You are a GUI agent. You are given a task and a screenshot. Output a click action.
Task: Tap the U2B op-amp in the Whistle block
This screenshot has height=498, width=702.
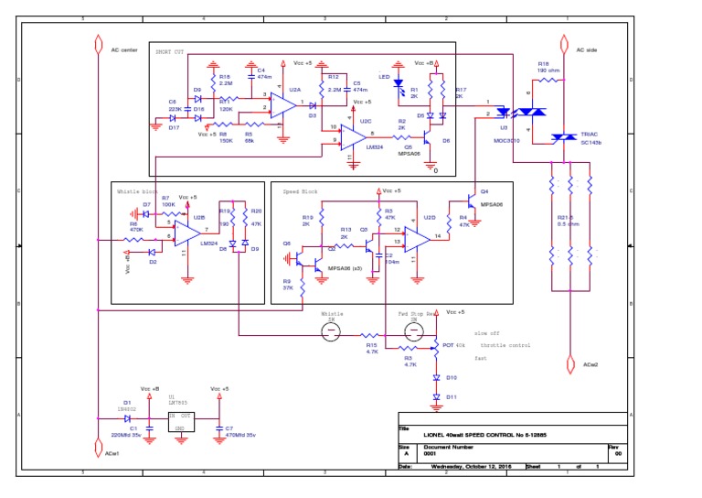187,233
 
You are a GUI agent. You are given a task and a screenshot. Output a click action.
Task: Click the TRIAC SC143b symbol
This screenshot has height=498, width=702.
558,138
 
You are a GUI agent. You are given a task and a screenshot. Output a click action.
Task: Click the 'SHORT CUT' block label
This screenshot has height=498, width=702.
169,51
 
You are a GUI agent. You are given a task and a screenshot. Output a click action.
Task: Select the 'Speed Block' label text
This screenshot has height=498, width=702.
299,192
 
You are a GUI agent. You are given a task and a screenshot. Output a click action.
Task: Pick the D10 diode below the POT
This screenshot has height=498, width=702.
435,377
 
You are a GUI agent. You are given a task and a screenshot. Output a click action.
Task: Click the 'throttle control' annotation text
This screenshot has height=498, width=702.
505,345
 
